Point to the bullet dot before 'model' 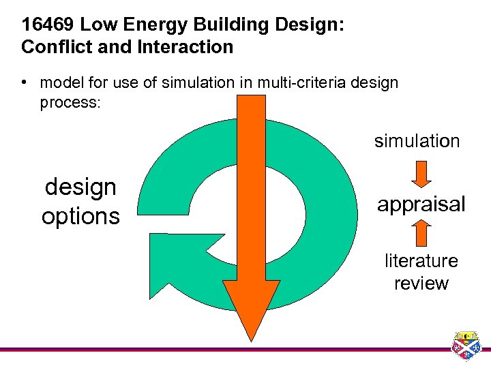click(x=24, y=82)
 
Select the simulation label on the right click(x=417, y=141)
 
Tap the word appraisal click(x=421, y=204)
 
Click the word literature click(x=421, y=261)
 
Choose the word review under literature click(x=421, y=283)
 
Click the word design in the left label click(x=80, y=187)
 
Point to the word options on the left click(x=80, y=216)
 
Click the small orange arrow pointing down click(x=421, y=173)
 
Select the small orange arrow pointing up click(x=421, y=233)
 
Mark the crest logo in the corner click(x=468, y=346)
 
